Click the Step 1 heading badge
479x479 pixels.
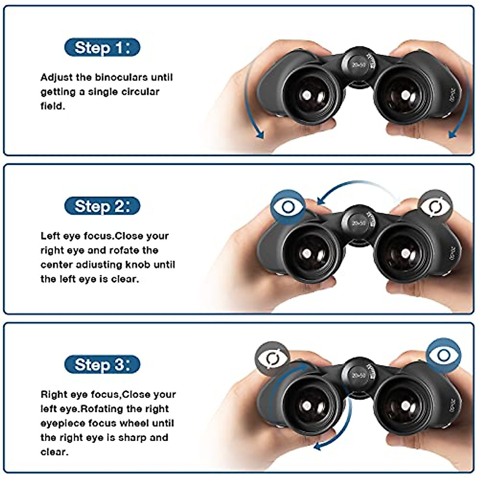[102, 48]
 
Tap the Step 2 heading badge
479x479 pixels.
[102, 206]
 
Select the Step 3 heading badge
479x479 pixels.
[102, 364]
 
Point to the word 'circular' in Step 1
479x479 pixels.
[140, 92]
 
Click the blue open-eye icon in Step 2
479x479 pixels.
[288, 207]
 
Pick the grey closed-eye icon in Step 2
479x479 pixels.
[435, 206]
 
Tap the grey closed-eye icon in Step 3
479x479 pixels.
[273, 358]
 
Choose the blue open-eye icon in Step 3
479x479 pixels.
[443, 355]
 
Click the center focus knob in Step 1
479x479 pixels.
[358, 64]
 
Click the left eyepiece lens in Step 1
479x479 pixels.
[307, 95]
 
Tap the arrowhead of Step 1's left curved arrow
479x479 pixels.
[260, 135]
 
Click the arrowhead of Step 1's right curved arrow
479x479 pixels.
[452, 135]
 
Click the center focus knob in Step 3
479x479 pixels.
[358, 375]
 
